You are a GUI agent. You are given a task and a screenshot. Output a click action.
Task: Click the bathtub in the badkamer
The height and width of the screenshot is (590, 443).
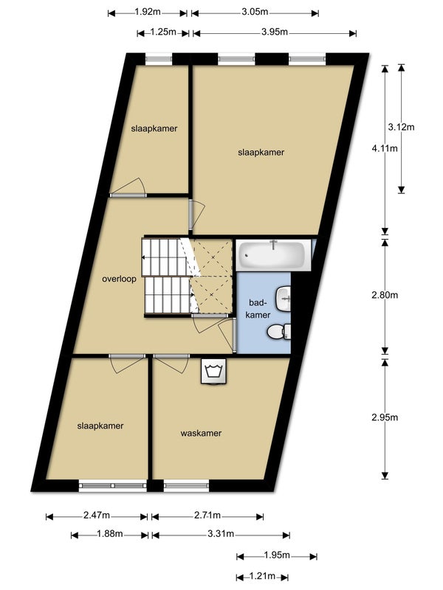(272, 256)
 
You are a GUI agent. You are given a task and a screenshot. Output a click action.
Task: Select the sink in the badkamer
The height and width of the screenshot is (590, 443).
(284, 298)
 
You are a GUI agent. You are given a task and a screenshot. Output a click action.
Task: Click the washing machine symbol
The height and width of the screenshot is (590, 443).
(214, 371)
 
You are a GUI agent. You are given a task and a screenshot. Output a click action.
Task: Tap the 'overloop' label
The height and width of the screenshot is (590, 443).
(119, 279)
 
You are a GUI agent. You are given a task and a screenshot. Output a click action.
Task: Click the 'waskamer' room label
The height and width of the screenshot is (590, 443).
(201, 433)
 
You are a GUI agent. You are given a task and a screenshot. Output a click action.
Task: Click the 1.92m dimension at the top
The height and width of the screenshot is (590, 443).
(148, 12)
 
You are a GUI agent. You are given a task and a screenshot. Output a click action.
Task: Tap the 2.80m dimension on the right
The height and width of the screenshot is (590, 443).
(384, 295)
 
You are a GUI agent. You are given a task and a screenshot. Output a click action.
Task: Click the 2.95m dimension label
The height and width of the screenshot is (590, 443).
(384, 417)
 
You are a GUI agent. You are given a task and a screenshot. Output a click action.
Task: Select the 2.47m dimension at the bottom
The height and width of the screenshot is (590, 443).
(96, 515)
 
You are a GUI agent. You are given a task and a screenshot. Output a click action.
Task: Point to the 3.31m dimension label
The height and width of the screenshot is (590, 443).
(220, 534)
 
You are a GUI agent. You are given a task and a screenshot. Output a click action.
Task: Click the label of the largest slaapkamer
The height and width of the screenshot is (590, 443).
(261, 152)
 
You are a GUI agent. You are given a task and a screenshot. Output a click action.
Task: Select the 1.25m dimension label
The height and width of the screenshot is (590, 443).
(162, 32)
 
